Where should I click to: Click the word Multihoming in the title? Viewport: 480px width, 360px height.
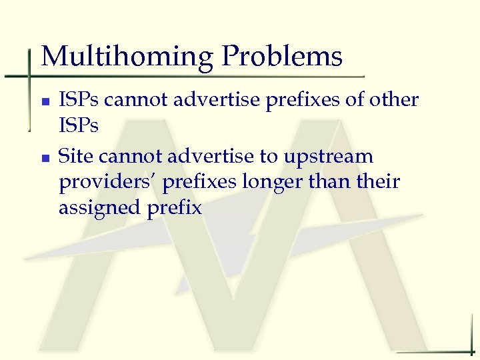pyautogui.click(x=127, y=57)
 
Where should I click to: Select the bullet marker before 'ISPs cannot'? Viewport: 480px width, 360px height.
pyautogui.click(x=45, y=102)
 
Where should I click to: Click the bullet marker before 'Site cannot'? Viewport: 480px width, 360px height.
pyautogui.click(x=45, y=158)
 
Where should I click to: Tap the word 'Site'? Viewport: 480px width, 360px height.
pyautogui.click(x=77, y=156)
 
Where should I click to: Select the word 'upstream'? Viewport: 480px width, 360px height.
pyautogui.click(x=329, y=157)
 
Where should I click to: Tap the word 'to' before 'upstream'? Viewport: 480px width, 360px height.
pyautogui.click(x=269, y=157)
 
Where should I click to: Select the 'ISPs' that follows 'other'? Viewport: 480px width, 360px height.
pyautogui.click(x=79, y=125)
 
